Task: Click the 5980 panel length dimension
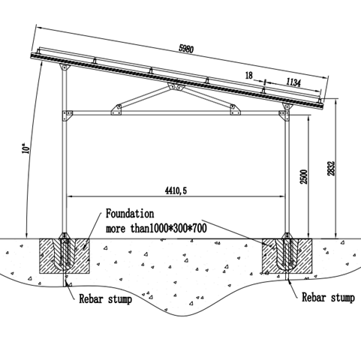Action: click(x=186, y=49)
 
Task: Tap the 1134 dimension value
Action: click(x=293, y=82)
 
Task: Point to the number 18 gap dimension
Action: click(x=249, y=75)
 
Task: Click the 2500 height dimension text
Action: click(x=304, y=177)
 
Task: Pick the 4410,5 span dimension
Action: click(x=176, y=191)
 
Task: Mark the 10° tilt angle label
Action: click(x=26, y=148)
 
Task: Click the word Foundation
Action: click(x=130, y=214)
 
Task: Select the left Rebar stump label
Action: click(x=105, y=298)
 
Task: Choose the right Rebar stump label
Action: click(x=328, y=298)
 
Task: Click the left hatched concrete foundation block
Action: click(x=65, y=256)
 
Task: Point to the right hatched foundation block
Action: click(x=287, y=256)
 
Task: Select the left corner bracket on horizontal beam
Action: click(x=68, y=115)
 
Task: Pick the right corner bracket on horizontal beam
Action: click(x=284, y=116)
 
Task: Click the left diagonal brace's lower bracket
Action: click(x=116, y=109)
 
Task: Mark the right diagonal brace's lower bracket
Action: click(x=235, y=109)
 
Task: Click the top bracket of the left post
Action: click(x=65, y=67)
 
